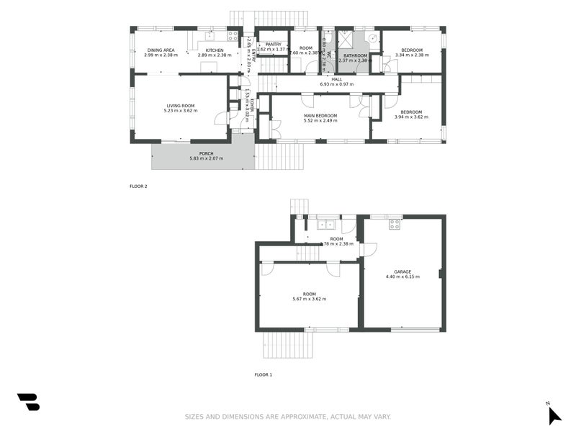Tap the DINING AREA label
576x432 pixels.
pos(161,50)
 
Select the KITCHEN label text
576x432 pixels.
pos(215,50)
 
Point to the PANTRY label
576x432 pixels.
pos(273,45)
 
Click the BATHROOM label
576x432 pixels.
pos(356,55)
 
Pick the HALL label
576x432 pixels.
pos(337,80)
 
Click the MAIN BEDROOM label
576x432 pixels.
pos(320,116)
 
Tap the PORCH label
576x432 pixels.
pos(207,153)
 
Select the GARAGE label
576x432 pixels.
pos(402,271)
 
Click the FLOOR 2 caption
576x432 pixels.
pos(138,186)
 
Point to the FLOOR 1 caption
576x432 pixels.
pos(263,374)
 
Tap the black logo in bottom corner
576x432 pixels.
pos(28,402)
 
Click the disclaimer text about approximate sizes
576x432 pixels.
pos(287,417)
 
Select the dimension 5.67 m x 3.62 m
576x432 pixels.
pos(310,299)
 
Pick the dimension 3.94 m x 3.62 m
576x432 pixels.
pos(411,117)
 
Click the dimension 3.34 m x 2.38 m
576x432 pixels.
pos(413,55)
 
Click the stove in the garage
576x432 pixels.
pos(395,224)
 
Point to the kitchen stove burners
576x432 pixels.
pos(233,35)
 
